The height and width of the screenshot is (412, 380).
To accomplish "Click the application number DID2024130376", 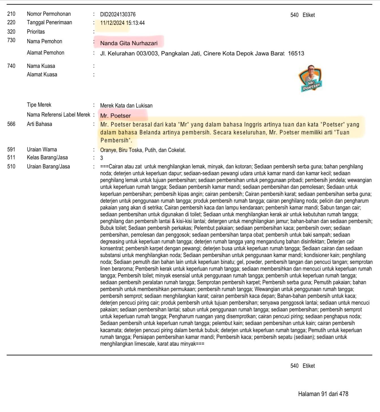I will (x=118, y=14).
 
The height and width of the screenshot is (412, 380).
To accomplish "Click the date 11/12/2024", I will (x=112, y=23).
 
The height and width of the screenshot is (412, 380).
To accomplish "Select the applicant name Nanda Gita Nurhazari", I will (x=129, y=43).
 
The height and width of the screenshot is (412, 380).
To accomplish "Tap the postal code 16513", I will (x=296, y=54).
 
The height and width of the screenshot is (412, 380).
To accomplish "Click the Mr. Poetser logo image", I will (x=311, y=78).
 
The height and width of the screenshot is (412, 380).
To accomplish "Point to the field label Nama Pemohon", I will (x=44, y=41).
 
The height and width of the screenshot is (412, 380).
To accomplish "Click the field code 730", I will (x=11, y=40).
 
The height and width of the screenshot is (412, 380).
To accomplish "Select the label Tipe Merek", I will (x=39, y=105).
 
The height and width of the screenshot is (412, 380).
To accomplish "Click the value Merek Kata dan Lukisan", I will (x=126, y=106).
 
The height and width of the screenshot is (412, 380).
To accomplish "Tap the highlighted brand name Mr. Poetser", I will (x=115, y=116).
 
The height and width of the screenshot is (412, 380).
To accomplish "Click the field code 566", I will (x=11, y=124).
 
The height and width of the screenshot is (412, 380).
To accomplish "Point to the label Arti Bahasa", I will (x=39, y=124).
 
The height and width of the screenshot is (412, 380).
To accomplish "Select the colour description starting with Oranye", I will (x=143, y=150).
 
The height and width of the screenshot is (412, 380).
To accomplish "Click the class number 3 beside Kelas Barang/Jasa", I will (x=102, y=158).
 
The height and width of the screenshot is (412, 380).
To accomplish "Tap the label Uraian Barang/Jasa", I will (x=48, y=166).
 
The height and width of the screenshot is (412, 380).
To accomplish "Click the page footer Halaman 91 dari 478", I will (x=323, y=394).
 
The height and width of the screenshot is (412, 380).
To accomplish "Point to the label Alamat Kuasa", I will (x=42, y=74).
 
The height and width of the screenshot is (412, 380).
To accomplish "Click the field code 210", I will (x=11, y=14).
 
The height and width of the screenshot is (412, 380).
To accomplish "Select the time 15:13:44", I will (x=135, y=23).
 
